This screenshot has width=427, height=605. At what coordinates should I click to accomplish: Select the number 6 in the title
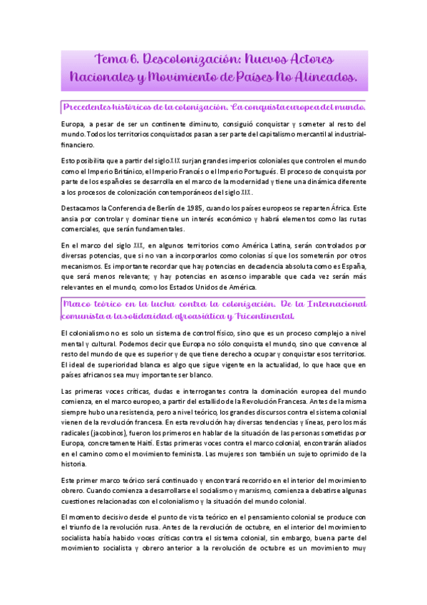click(132, 56)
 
